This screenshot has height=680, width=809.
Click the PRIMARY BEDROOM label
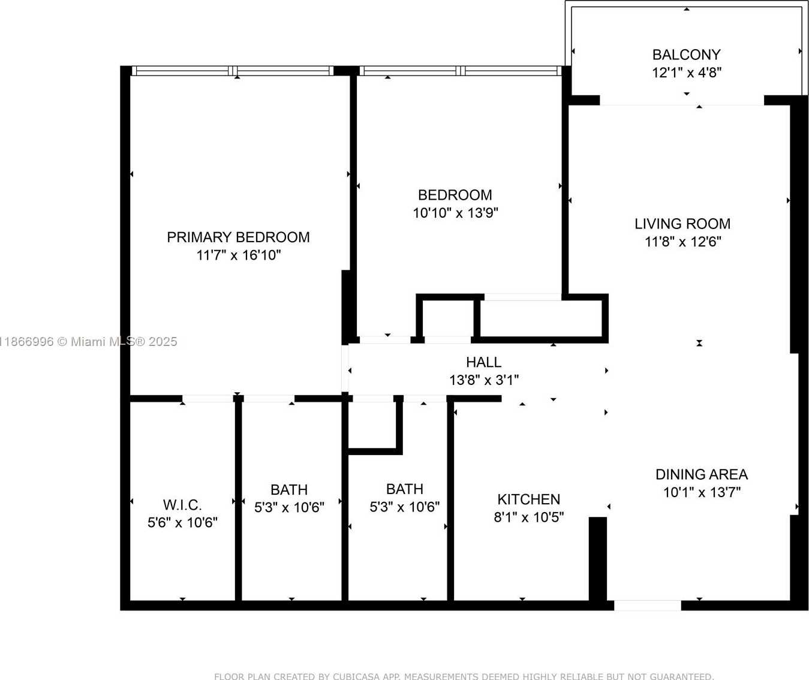pos(238,237)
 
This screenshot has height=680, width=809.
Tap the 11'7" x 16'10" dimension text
pos(238,255)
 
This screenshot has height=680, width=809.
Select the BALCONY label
pos(686,55)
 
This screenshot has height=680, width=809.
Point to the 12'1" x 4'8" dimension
pos(686,73)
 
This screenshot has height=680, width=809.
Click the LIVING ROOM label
pos(682,224)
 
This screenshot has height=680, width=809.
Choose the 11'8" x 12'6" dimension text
pos(682,242)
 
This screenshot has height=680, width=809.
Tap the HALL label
pos(483,362)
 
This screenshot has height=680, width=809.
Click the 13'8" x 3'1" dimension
pos(483,380)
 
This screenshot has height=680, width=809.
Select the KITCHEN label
pos(528,500)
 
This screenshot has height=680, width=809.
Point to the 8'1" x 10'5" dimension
pos(528,517)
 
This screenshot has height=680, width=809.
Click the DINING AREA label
pos(701,474)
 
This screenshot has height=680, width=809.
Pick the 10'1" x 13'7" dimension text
pos(701,492)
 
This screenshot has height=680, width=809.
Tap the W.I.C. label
pos(182,505)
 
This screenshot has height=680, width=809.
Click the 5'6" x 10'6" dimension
pos(182,523)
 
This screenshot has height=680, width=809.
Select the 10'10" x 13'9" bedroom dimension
pos(455,213)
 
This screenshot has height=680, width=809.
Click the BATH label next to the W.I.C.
pos(289,490)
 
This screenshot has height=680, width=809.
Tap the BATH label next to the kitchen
pos(405,489)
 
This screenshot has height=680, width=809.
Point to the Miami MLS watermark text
pos(90,342)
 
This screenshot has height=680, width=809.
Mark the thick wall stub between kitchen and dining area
pos(598,558)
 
